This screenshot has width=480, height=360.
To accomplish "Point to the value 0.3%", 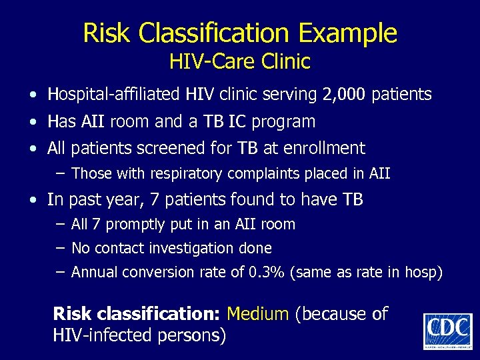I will coord(270,272).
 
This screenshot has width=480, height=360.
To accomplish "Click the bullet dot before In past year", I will coord(33,200).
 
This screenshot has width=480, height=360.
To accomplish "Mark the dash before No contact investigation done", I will coord(60,248).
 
